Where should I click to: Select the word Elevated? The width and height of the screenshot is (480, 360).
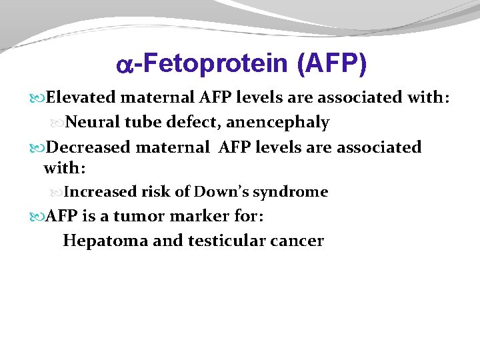(83, 99)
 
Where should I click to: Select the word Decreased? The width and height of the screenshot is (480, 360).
(90, 147)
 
